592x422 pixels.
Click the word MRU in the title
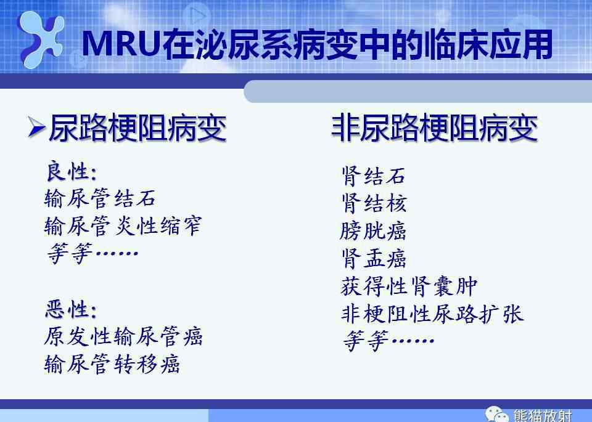point(120,44)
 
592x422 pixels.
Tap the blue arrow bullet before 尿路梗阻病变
point(37,127)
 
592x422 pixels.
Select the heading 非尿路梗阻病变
point(434,128)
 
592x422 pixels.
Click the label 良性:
point(71,172)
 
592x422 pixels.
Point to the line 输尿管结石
point(100,198)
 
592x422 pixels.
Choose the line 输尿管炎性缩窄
point(123,226)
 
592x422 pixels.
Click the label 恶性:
point(71,310)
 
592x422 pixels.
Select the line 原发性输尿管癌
point(123,336)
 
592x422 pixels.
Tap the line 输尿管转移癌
point(112,364)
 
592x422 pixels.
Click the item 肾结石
point(374,176)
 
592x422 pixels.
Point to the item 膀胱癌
point(373,231)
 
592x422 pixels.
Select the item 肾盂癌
point(374,258)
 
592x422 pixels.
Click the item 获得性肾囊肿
point(409,286)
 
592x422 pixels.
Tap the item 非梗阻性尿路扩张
point(432,314)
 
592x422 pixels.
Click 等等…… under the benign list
point(92,253)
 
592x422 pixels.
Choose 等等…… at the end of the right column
point(388,341)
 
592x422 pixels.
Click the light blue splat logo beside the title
point(41,39)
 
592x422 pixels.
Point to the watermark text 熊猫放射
point(543,416)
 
